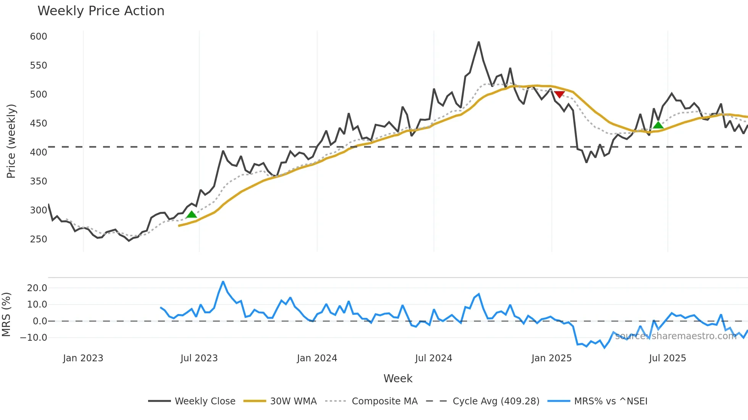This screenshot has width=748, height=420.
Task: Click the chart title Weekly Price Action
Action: (101, 11)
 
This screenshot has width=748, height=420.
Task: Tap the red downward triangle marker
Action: (559, 94)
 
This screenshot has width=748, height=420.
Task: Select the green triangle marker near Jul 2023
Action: (192, 214)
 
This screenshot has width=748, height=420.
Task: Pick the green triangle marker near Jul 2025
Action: (658, 125)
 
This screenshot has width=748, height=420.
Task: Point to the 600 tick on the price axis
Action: (39, 37)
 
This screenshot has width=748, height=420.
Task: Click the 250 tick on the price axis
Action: (39, 239)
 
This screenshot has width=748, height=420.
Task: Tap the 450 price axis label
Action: (39, 123)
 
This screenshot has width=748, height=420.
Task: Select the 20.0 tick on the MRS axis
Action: (37, 288)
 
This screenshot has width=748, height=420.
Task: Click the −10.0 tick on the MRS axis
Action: (34, 338)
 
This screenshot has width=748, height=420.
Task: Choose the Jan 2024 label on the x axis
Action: (317, 358)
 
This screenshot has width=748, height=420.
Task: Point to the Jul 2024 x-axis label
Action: (434, 358)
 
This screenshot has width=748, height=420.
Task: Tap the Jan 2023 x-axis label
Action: (83, 358)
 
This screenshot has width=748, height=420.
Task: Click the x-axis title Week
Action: (398, 378)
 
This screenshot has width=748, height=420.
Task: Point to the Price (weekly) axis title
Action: (11, 141)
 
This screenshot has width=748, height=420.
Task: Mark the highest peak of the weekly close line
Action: (479, 42)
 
